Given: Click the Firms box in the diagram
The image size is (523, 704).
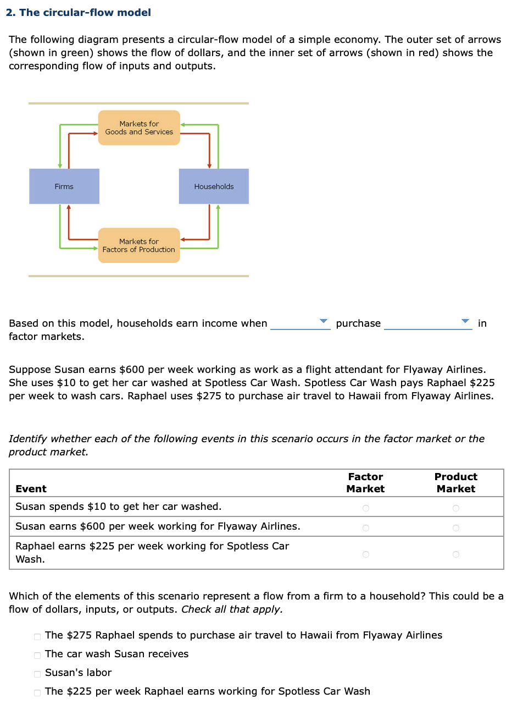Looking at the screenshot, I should (x=64, y=186).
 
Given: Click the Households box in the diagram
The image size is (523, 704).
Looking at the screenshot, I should (x=214, y=186).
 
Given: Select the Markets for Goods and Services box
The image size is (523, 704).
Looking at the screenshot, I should (x=139, y=128).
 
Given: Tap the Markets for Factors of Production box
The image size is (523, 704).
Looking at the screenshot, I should (x=139, y=245).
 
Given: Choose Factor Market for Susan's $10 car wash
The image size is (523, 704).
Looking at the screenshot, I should (x=365, y=508).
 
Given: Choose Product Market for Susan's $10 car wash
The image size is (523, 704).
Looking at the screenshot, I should (x=455, y=508).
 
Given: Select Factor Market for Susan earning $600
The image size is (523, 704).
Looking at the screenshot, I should (x=365, y=528).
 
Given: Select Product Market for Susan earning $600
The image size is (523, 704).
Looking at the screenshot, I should (x=455, y=528).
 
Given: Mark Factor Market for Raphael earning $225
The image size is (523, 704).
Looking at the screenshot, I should (x=365, y=554).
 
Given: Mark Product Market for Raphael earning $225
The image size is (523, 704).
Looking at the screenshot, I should (x=455, y=554).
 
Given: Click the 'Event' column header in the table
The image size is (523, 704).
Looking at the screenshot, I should (x=31, y=488).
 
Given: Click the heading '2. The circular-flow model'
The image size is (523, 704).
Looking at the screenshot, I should (x=79, y=12).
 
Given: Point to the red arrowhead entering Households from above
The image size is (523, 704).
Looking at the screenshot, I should (x=209, y=166).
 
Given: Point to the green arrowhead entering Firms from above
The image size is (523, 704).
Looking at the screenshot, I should (x=60, y=166).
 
